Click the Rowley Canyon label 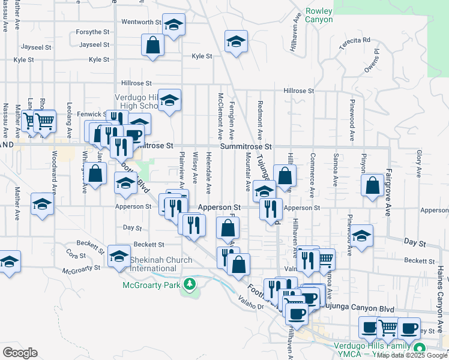point(319,15)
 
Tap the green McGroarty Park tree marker point(190,283)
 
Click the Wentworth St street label point(142,22)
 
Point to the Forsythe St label point(92,32)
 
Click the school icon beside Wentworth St point(173,25)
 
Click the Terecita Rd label point(355,40)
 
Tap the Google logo point(20,353)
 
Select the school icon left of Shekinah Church point(119,256)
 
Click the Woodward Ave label point(53,174)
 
